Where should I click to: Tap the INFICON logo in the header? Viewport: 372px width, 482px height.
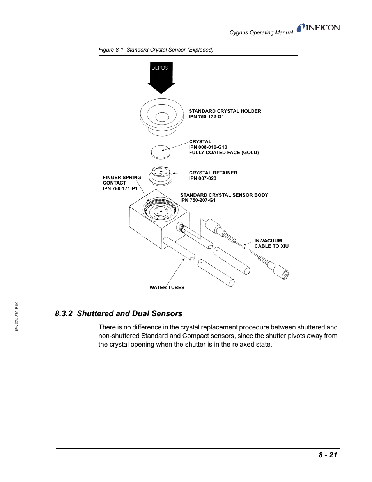318,28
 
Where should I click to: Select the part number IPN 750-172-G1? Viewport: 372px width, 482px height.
206,117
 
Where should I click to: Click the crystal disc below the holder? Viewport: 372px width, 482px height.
161,151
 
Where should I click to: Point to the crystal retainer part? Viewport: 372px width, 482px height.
161,176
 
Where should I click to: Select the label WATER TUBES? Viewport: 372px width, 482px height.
167,288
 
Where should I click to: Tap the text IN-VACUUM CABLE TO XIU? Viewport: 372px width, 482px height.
271,244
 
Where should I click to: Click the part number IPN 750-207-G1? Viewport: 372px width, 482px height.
198,200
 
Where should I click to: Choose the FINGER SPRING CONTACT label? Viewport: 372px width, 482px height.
122,183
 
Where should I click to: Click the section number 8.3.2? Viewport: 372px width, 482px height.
64,313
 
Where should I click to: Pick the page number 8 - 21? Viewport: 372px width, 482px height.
328,455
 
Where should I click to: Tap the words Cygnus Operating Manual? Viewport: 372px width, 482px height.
261,33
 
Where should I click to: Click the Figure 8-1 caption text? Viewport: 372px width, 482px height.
156,50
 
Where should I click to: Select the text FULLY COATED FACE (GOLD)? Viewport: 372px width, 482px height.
224,153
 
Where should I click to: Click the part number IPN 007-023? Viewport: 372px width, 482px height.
202,178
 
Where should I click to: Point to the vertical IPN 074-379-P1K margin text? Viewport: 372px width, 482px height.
17,316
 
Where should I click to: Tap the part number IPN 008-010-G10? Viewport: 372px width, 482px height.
208,147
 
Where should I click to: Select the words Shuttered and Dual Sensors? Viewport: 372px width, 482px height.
129,313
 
